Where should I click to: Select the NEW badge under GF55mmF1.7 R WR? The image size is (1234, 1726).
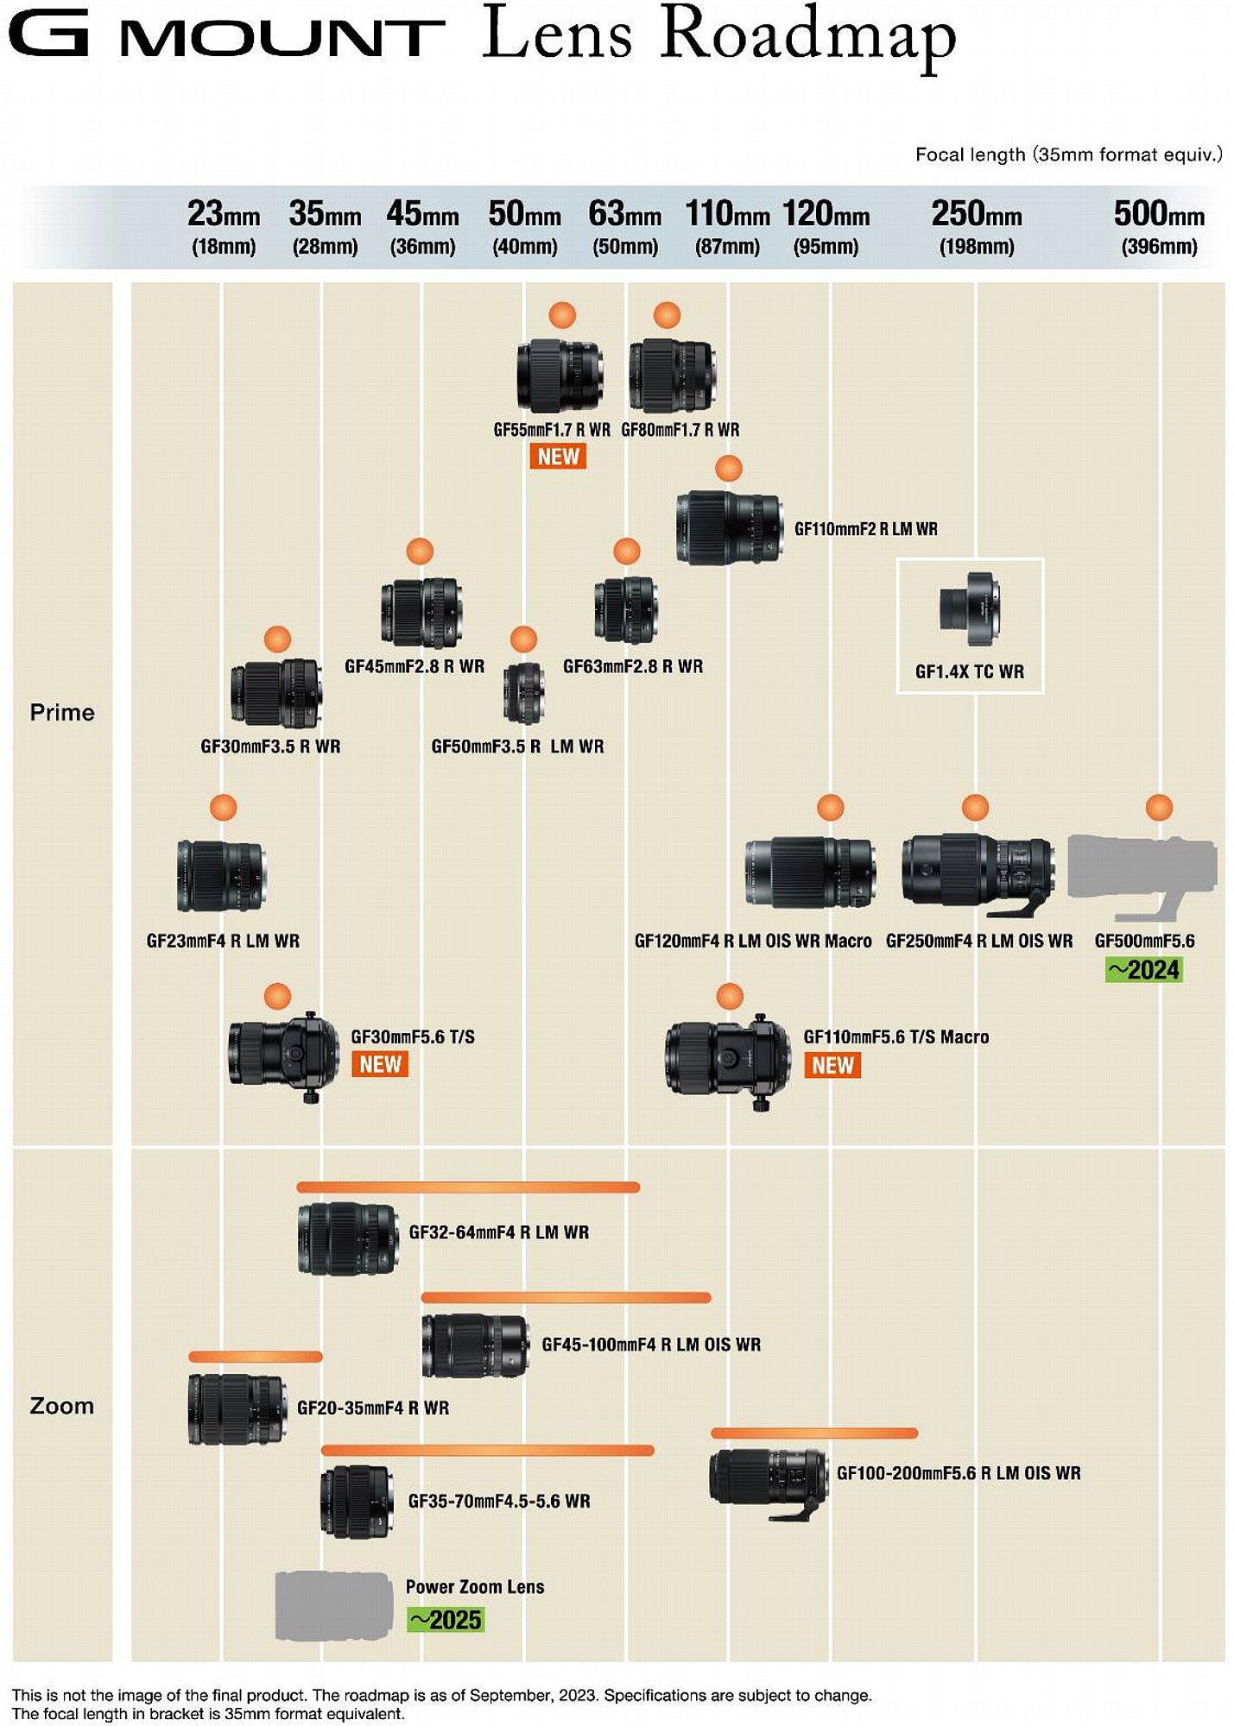tap(558, 457)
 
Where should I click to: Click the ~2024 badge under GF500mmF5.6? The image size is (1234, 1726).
tap(1144, 970)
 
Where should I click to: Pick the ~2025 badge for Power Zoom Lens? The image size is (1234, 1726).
tap(446, 1620)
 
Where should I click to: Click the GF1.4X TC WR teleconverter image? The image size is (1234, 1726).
tap(970, 609)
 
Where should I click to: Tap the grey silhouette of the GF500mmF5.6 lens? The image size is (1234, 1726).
tap(1142, 875)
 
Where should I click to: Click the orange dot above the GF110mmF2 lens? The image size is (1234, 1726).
tap(729, 469)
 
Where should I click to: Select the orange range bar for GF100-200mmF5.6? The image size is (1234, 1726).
tap(814, 1433)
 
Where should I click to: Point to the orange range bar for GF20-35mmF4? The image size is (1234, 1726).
tap(256, 1357)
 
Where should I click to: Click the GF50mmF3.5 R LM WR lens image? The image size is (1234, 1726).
tap(524, 693)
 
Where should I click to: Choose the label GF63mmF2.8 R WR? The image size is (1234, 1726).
tap(633, 666)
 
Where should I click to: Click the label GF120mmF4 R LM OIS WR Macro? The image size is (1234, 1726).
tap(753, 941)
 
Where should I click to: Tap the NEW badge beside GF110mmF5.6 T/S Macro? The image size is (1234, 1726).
tap(833, 1065)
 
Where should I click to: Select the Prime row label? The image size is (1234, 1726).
tap(62, 712)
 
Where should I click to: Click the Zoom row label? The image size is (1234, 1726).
tap(62, 1406)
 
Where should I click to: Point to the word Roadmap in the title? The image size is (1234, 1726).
tap(808, 36)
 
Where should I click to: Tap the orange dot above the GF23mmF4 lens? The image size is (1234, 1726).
tap(223, 808)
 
